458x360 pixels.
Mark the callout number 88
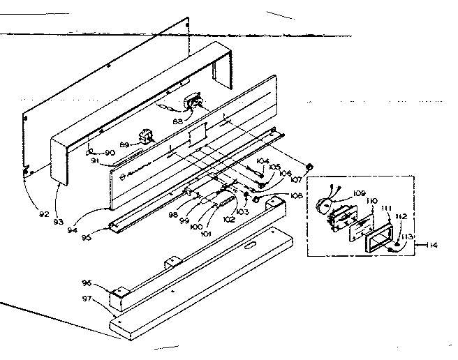click(x=177, y=121)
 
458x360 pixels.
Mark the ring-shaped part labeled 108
click(x=256, y=200)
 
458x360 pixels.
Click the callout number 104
click(x=263, y=161)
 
